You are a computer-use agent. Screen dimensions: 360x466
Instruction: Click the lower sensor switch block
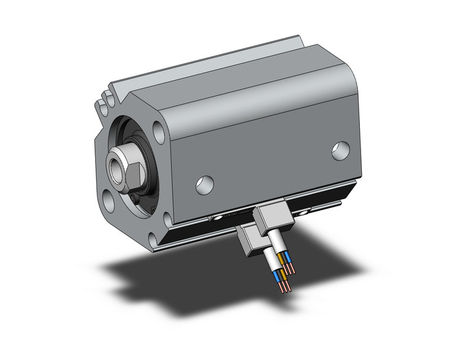pyautogui.click(x=248, y=241)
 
